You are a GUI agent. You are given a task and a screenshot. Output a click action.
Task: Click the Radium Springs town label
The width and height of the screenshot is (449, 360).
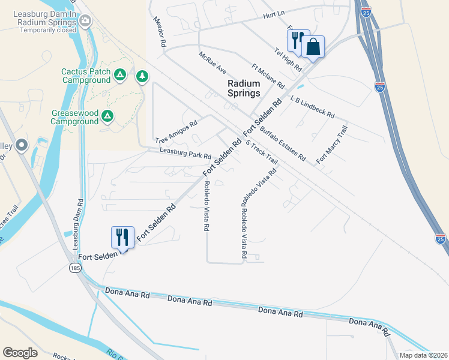coord(244,88)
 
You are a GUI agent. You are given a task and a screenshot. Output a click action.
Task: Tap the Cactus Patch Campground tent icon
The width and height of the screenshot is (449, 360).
coord(120,75)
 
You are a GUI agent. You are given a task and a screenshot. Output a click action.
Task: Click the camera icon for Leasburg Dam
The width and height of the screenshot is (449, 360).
coord(86,21)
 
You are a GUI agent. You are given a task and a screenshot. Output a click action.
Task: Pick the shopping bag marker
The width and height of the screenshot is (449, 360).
coord(313,47)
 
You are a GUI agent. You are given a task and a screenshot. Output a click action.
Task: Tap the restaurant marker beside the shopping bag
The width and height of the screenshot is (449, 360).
coord(296,41)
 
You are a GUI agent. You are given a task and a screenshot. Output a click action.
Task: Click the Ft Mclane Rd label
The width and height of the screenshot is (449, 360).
coord(268,76)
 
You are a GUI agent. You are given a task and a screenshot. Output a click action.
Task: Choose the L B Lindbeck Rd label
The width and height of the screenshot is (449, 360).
coord(312,107)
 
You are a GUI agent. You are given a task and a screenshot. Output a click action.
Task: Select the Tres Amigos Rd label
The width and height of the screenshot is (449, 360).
coord(176,132)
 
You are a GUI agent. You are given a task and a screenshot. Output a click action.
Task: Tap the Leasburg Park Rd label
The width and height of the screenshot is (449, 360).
coord(185,154)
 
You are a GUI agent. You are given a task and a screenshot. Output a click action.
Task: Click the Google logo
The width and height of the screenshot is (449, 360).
coord(20,353)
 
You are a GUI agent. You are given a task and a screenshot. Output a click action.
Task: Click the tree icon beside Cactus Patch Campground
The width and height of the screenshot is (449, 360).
coord(142,76)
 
